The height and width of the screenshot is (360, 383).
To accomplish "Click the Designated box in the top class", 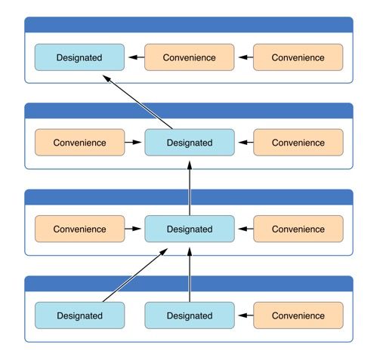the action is (79, 57).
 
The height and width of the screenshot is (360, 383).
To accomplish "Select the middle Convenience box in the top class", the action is (190, 57).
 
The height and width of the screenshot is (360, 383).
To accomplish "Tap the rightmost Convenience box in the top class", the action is (298, 57).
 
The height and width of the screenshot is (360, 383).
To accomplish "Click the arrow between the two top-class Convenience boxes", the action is (246, 57).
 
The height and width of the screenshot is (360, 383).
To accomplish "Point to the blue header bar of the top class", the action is (189, 25).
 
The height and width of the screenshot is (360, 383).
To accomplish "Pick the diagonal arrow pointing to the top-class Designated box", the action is (137, 102).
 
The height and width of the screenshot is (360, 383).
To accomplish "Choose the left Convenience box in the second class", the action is (80, 143).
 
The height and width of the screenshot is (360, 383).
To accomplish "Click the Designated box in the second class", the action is (190, 143).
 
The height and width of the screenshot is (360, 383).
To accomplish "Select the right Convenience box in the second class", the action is (298, 143).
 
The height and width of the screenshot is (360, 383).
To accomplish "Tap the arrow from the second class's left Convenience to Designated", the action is (133, 143).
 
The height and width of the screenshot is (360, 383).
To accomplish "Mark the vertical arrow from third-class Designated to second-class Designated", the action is (190, 188).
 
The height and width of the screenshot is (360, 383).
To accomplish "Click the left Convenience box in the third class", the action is (80, 229).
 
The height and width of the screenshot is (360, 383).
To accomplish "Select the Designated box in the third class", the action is (190, 229).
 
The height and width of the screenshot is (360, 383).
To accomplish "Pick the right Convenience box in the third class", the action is (298, 229).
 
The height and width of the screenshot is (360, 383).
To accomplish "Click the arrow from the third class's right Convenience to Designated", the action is (246, 229).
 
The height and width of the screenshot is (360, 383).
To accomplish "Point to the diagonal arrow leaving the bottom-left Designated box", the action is (135, 275).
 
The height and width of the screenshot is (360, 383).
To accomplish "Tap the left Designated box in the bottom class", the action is (80, 315).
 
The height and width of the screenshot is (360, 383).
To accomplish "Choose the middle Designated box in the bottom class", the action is (190, 315).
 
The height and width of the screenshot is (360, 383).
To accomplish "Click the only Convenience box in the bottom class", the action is (298, 315).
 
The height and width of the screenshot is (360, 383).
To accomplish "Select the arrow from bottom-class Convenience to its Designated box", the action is (246, 315).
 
